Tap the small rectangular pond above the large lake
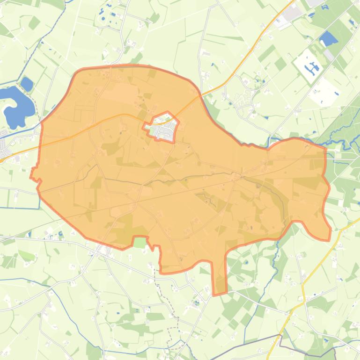27,84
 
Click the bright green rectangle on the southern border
140,242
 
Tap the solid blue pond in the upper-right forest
328,39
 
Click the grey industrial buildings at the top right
293,14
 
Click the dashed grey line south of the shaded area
169,304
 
